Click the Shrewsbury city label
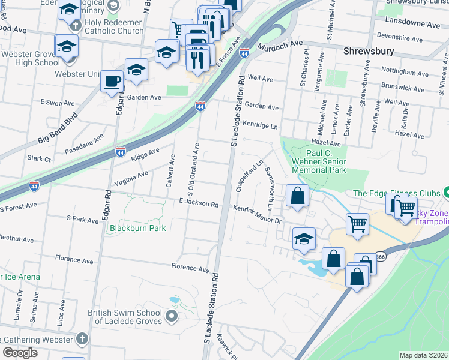pos(367,52)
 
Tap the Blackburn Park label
pos(137,228)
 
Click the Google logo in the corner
pos(20,353)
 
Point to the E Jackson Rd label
pos(198,203)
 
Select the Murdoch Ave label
pos(280,45)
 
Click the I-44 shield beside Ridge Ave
pos(121,152)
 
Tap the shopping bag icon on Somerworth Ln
pos(297,196)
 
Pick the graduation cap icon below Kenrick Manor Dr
pos(304,238)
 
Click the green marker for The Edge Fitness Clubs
pos(447,193)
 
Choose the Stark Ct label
pos(39,159)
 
